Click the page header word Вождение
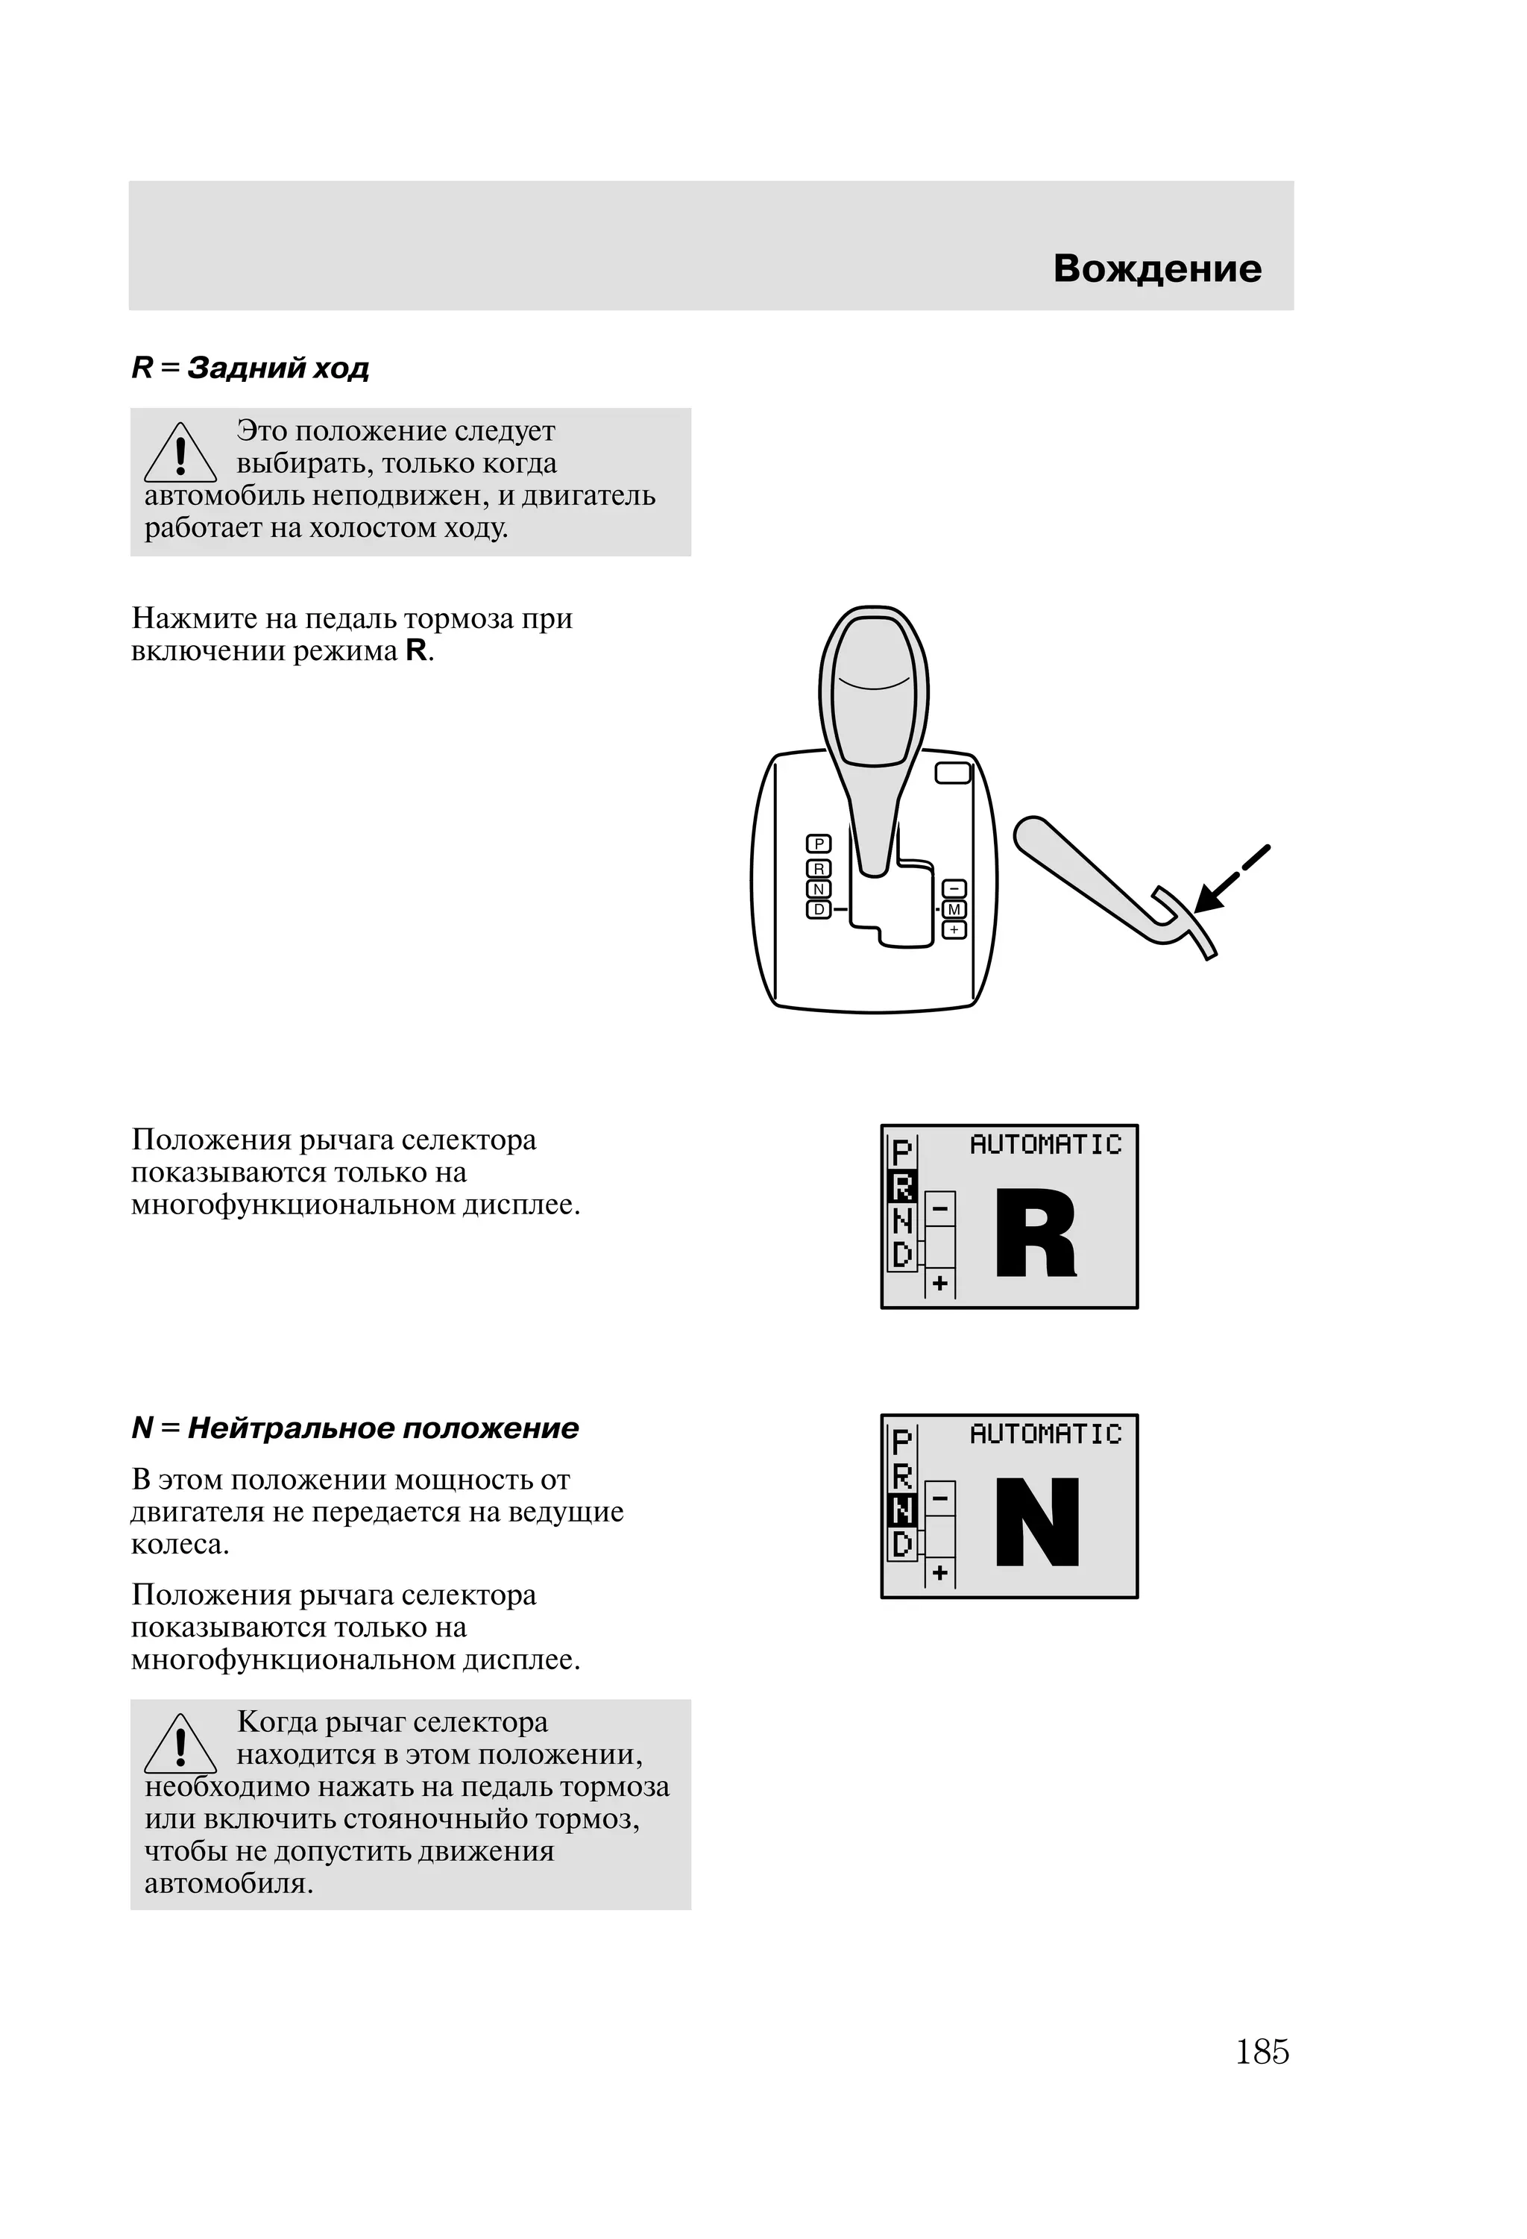pyautogui.click(x=1156, y=269)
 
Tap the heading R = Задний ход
pyautogui.click(x=251, y=368)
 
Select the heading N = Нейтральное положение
pyautogui.click(x=354, y=1428)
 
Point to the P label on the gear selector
pyautogui.click(x=819, y=844)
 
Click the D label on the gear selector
pyautogui.click(x=819, y=909)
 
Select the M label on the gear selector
pyautogui.click(x=954, y=909)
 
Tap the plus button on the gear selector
pyautogui.click(x=954, y=930)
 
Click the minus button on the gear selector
pyautogui.click(x=954, y=889)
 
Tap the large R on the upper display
pyautogui.click(x=1035, y=1234)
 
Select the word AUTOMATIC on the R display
pyautogui.click(x=1045, y=1145)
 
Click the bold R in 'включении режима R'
pyautogui.click(x=416, y=651)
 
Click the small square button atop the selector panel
pyautogui.click(x=953, y=773)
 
